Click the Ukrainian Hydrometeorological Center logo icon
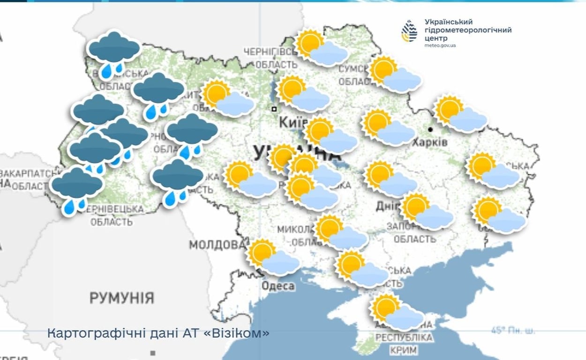point(409,31)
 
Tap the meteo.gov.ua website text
point(440,45)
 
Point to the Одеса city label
point(278,286)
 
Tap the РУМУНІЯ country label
point(121,297)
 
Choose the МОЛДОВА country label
point(217,245)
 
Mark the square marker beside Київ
point(274,109)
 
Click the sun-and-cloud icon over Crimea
point(397,312)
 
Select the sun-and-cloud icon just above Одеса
point(273,257)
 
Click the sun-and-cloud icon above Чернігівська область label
point(322,48)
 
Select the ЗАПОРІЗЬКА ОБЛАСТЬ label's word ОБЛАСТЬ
point(414,240)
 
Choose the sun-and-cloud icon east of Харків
point(460,114)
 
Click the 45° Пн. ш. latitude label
point(513,331)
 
